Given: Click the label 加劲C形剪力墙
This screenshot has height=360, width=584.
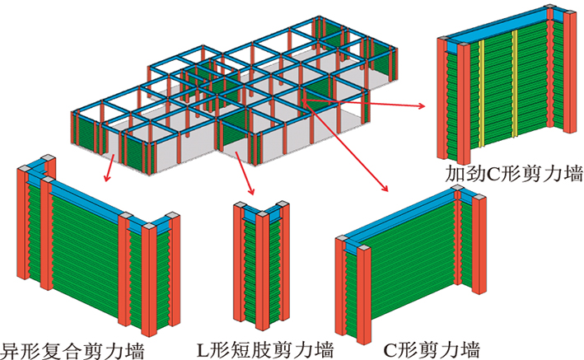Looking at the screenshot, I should click(513, 175).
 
